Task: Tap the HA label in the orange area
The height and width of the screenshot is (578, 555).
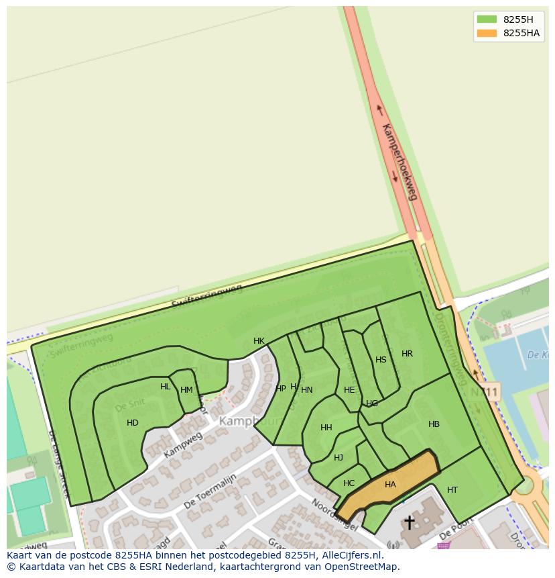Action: coord(390,485)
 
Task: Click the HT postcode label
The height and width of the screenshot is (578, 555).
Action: coord(452,490)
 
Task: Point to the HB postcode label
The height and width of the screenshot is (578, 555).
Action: coord(434,424)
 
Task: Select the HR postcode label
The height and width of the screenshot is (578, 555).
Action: coord(407,354)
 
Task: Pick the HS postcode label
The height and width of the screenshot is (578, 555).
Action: coord(381,360)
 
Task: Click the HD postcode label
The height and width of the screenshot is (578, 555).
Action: coord(133,423)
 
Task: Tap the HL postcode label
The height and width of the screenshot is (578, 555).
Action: coord(166,387)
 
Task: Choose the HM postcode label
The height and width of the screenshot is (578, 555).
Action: coord(186,390)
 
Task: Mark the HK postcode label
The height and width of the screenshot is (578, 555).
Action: coord(259,341)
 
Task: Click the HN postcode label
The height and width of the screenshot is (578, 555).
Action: coord(307,390)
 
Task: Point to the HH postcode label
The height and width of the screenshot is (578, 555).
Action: coord(326,428)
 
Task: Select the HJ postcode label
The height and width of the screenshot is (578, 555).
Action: coord(338,458)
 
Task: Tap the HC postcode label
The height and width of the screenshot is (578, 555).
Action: coord(349,483)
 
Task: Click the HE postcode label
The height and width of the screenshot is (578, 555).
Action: coord(349,390)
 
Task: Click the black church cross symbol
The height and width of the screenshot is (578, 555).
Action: coord(409,522)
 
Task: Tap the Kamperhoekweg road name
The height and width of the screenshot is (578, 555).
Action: coord(399,161)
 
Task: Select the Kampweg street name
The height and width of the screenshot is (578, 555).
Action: coord(182,445)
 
